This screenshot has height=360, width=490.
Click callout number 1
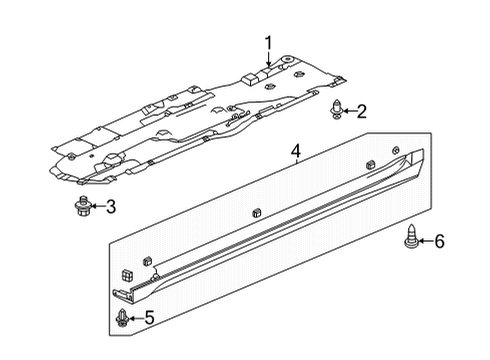point(268,44)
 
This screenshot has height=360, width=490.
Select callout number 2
point(362,111)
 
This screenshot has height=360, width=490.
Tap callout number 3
point(111,206)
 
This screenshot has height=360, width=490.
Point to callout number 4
point(296,151)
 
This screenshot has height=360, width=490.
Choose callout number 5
point(150,317)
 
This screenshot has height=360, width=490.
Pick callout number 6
point(440,241)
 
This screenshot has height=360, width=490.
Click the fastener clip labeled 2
point(337,109)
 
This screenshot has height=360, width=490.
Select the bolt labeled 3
point(82,206)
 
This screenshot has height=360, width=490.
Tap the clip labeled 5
point(122,318)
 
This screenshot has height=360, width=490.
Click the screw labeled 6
point(412,237)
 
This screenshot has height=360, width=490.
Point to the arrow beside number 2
point(349,111)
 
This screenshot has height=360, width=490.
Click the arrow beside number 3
point(97,206)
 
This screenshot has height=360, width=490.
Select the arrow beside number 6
point(425,241)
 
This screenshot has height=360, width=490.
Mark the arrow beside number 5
point(136,318)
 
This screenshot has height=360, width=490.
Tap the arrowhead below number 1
point(268,63)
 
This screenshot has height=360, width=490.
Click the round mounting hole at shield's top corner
point(288,59)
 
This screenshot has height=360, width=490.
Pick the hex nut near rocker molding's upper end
point(395,150)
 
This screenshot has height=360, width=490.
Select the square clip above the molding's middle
point(256,212)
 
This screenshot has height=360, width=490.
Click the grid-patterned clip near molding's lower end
point(126,275)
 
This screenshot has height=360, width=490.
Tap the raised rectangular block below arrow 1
point(250,79)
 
